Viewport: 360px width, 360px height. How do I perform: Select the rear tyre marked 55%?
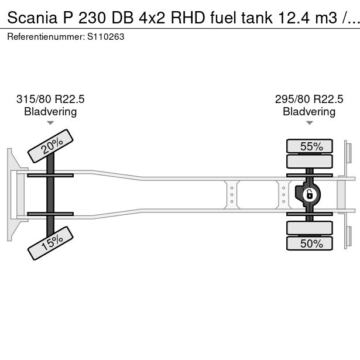point(310,146)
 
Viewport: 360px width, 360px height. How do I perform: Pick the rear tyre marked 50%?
point(310,244)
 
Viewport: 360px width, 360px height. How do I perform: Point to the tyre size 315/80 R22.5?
point(50,99)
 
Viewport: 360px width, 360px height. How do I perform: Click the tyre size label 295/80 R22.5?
point(309,99)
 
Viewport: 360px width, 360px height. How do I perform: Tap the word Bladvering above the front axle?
point(50,112)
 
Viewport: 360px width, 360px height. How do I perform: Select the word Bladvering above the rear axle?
point(309,112)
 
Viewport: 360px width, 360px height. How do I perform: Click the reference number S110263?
point(105,36)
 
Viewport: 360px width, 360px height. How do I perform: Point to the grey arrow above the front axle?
point(50,123)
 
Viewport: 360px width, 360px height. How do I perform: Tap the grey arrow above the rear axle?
point(309,123)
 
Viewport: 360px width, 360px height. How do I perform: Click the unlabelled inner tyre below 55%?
point(310,161)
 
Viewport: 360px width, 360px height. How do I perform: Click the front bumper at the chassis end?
point(11,194)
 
